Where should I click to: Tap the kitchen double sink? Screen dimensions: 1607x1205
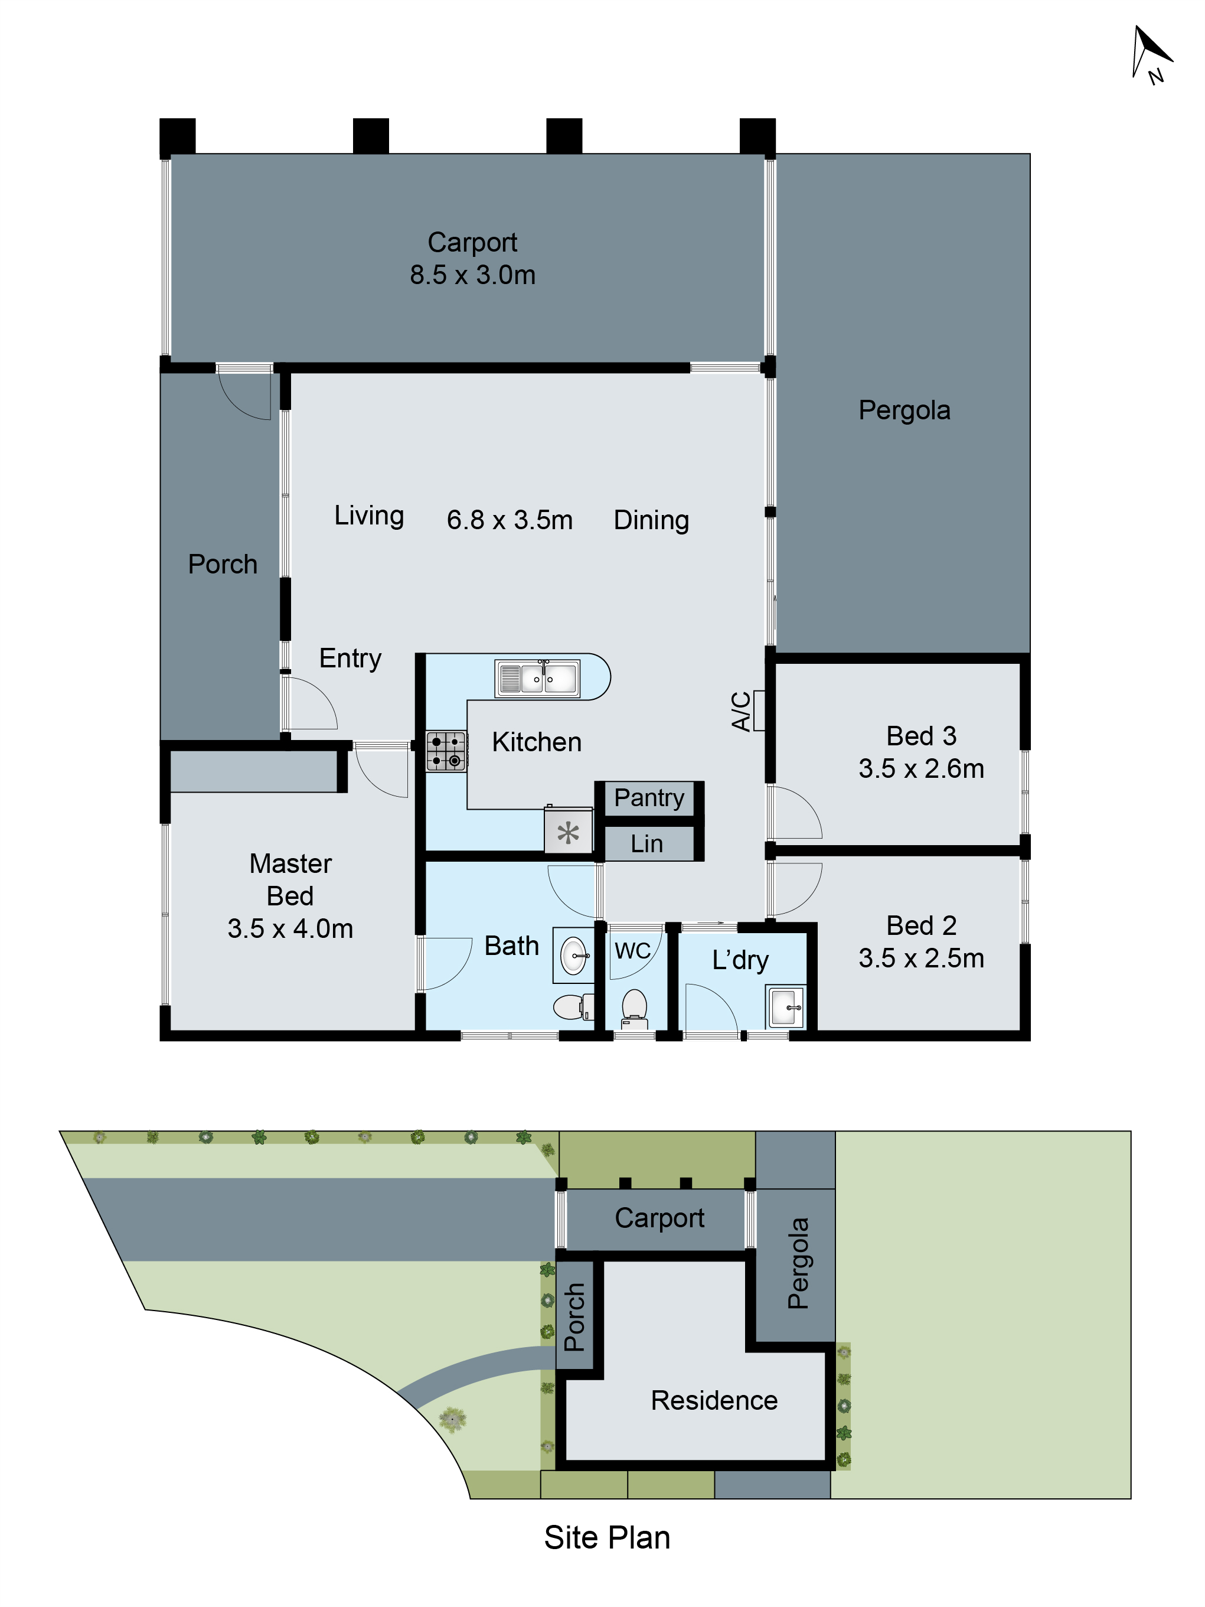[537, 678]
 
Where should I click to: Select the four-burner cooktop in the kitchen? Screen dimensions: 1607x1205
[445, 751]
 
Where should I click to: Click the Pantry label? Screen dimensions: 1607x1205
[649, 798]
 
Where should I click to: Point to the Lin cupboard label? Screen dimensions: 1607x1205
[646, 843]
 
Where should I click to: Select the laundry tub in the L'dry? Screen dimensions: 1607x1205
[785, 1006]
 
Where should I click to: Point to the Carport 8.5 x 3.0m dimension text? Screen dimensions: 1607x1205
[472, 275]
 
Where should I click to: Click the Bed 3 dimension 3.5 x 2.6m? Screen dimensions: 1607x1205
[920, 768]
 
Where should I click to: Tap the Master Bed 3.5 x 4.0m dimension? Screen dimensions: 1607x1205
[290, 928]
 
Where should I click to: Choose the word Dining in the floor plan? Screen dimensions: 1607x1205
[651, 520]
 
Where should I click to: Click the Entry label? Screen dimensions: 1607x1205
[350, 657]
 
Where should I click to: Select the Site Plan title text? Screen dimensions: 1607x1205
[606, 1537]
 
